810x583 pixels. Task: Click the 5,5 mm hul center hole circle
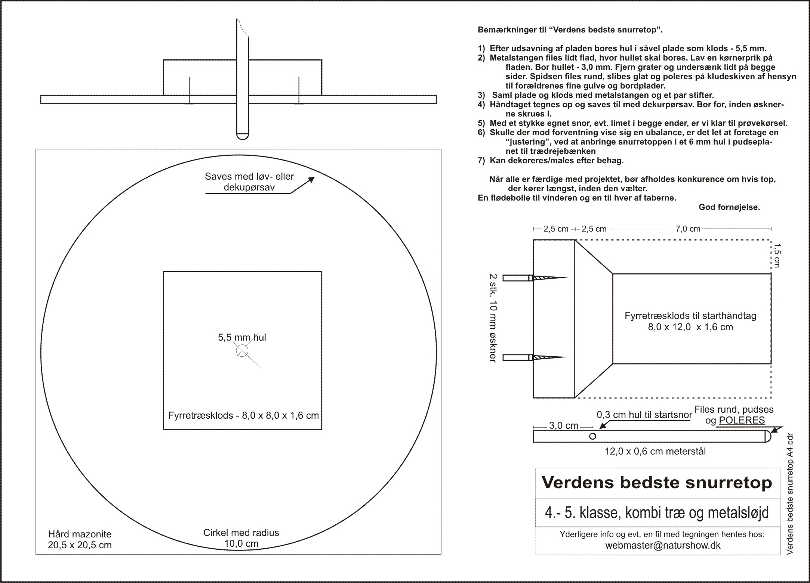pyautogui.click(x=242, y=351)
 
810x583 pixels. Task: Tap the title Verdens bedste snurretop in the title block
pyautogui.click(x=657, y=482)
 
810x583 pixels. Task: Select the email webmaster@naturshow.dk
pyautogui.click(x=663, y=545)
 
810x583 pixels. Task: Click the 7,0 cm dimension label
pyautogui.click(x=688, y=229)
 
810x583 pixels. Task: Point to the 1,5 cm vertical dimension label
pyautogui.click(x=777, y=255)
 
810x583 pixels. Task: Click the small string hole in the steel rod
pyautogui.click(x=592, y=436)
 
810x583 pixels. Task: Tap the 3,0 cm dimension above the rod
pyautogui.click(x=563, y=426)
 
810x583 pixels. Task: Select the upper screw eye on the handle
pyautogui.click(x=535, y=278)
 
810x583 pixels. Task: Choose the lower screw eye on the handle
pyautogui.click(x=535, y=357)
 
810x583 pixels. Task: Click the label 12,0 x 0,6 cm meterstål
pyautogui.click(x=655, y=452)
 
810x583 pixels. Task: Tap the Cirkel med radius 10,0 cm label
pyautogui.click(x=241, y=538)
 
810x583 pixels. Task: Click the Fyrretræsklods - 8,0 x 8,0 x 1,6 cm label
pyautogui.click(x=243, y=416)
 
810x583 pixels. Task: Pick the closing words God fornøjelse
pyautogui.click(x=729, y=207)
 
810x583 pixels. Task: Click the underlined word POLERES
pyautogui.click(x=742, y=420)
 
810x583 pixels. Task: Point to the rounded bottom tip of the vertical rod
pyautogui.click(x=242, y=137)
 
